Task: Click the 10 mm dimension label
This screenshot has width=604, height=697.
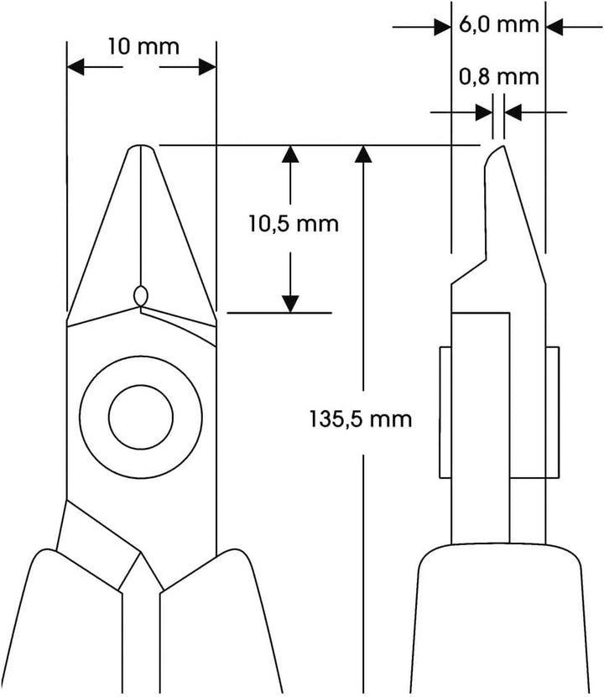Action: (143, 47)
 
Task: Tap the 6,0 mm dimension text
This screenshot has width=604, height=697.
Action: (498, 24)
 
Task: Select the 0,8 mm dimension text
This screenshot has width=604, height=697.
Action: (498, 77)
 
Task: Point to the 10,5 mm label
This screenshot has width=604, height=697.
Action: (294, 224)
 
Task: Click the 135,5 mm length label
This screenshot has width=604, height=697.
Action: (361, 419)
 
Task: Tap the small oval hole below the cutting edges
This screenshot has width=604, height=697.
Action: (141, 295)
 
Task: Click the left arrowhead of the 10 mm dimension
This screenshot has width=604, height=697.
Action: (75, 67)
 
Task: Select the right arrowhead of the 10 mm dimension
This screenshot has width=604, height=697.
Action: (207, 67)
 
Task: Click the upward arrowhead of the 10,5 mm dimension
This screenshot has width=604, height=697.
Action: (290, 153)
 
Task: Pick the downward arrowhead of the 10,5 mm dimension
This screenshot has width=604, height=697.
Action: (290, 304)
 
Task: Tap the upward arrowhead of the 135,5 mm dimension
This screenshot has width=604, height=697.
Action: (363, 153)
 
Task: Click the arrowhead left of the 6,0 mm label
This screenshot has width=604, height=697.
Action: (443, 27)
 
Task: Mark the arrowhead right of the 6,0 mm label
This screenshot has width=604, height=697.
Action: (555, 27)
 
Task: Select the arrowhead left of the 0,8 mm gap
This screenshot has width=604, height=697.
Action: (484, 112)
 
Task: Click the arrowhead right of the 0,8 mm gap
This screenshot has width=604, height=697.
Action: (513, 112)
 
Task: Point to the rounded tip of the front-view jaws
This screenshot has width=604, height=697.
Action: (141, 146)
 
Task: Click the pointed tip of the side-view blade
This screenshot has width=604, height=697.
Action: (502, 146)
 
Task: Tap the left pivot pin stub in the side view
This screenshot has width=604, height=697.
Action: (445, 413)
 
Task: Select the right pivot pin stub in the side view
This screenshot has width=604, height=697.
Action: (553, 413)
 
